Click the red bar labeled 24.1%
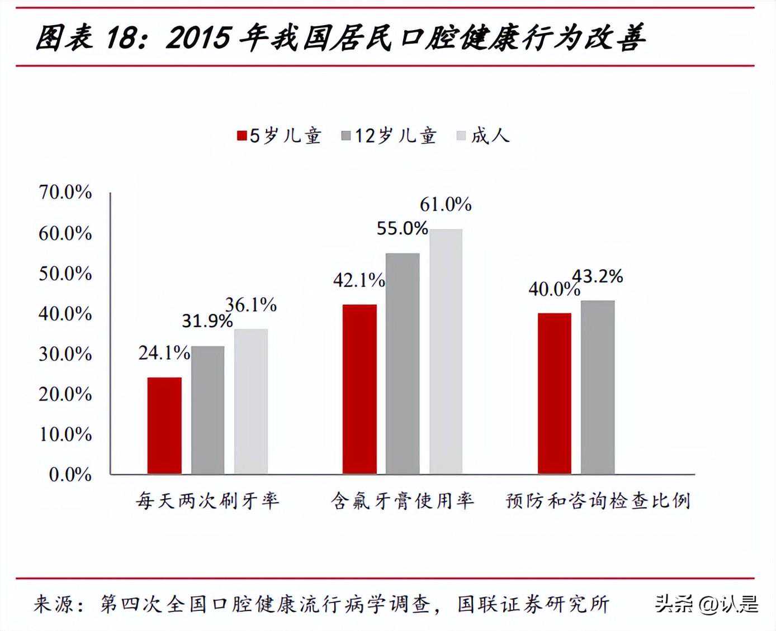[164, 426]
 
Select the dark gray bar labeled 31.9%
[207, 410]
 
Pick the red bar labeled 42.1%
[359, 389]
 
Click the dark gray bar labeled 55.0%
[403, 364]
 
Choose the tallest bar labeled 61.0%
[446, 351]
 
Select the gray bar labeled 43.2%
[598, 387]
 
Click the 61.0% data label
[446, 205]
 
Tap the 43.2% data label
[598, 276]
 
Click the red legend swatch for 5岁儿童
[242, 136]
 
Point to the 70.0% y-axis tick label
[65, 193]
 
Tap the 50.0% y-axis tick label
[65, 274]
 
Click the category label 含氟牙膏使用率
[403, 501]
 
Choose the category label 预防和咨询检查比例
[598, 501]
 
